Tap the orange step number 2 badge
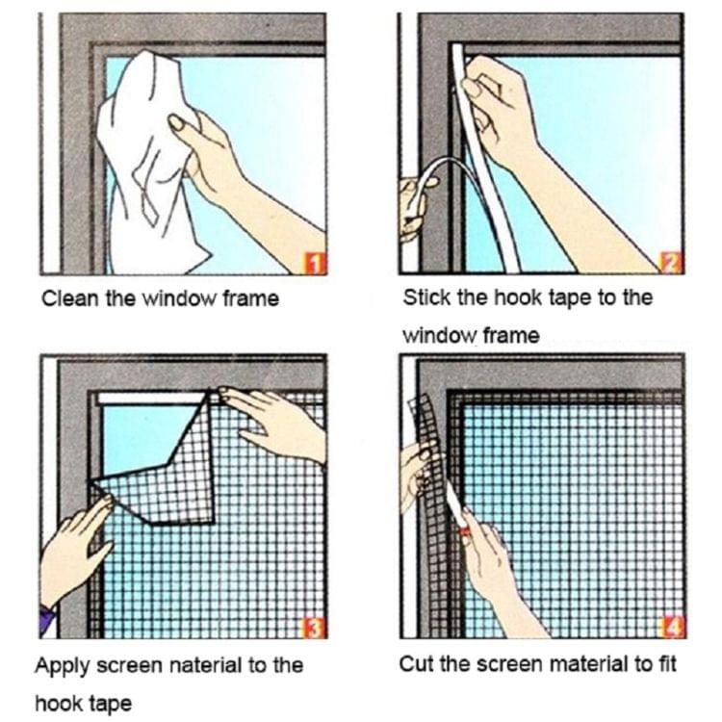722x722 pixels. tap(672, 262)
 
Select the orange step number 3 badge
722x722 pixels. tap(315, 629)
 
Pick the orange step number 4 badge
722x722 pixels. tap(672, 629)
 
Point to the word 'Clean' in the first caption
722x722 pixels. tap(66, 298)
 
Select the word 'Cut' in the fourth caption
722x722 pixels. tap(415, 663)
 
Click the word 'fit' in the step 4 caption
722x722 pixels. tap(665, 663)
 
